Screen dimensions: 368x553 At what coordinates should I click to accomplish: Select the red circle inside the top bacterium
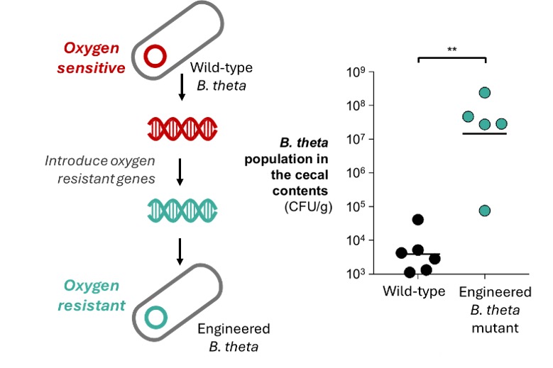156,55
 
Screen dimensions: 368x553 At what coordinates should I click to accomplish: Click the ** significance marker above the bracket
451,50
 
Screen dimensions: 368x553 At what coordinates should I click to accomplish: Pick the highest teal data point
485,92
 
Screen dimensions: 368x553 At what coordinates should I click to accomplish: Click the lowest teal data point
485,211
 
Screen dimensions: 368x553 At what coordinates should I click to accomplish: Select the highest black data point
418,219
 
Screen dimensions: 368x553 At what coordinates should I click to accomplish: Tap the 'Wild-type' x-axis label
414,291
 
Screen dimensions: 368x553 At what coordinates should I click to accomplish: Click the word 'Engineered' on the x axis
495,291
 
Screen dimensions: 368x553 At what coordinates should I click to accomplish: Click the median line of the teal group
485,133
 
